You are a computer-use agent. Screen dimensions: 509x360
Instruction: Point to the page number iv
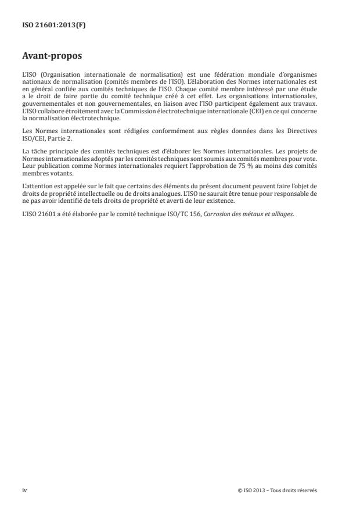[x=24, y=490]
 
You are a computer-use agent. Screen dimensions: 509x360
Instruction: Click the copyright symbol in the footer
[x=239, y=490]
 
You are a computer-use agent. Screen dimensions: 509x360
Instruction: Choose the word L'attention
[x=36, y=186]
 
